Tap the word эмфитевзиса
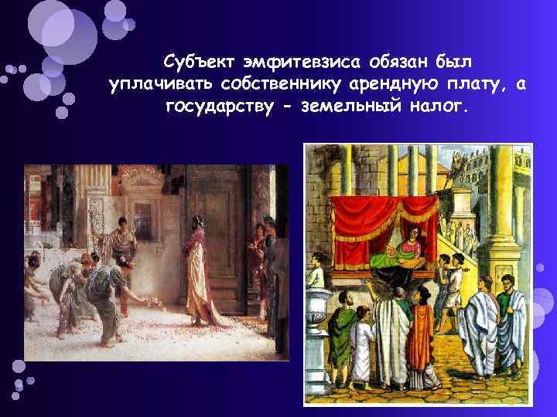(x=298, y=60)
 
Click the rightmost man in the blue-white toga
(x=510, y=324)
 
